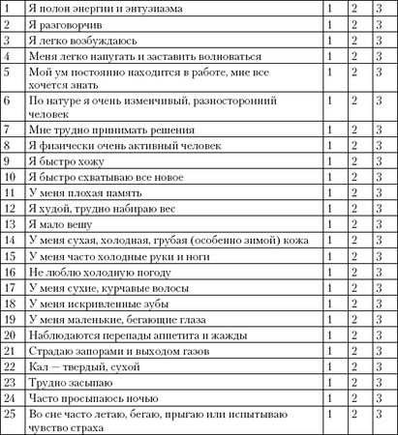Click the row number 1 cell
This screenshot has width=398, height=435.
pos(8,10)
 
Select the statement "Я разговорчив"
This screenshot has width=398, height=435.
pos(68,27)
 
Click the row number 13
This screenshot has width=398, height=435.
pos(10,224)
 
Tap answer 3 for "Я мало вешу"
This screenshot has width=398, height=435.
pos(377,224)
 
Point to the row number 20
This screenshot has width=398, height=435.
pos(10,334)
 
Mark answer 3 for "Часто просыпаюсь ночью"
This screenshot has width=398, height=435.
pos(377,396)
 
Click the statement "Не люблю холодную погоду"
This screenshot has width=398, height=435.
pos(101,273)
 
